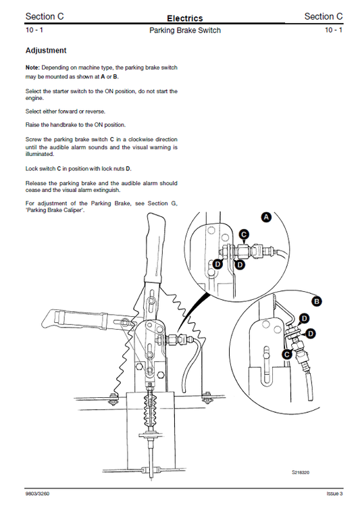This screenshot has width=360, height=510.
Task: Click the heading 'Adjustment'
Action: (x=45, y=51)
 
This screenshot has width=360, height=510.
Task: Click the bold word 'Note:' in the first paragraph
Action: (x=33, y=68)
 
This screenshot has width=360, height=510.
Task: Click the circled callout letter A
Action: (x=266, y=218)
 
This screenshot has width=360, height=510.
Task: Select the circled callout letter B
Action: (x=317, y=302)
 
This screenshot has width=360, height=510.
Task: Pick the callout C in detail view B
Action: (x=286, y=353)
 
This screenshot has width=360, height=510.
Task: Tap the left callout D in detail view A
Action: (x=217, y=265)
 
